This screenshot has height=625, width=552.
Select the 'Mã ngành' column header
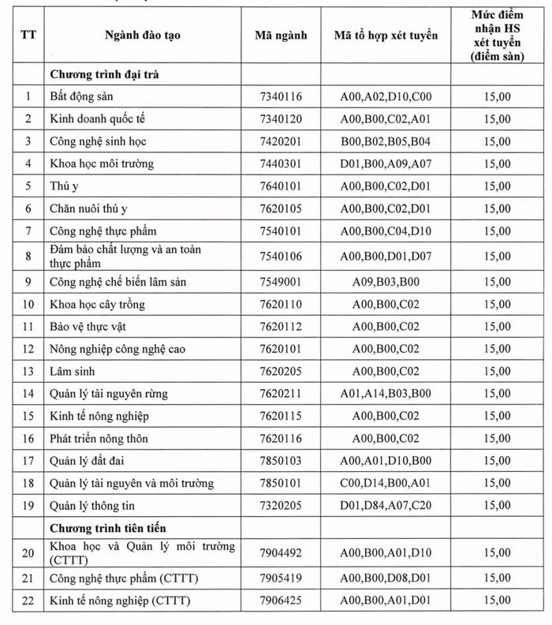tap(282, 36)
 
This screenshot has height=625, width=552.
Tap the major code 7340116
tap(281, 96)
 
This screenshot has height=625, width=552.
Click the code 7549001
tap(281, 282)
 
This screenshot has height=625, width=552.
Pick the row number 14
tap(28, 393)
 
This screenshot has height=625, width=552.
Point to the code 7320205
tap(281, 505)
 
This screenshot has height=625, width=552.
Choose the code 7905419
tap(281, 578)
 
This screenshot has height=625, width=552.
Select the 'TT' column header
tap(28, 36)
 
